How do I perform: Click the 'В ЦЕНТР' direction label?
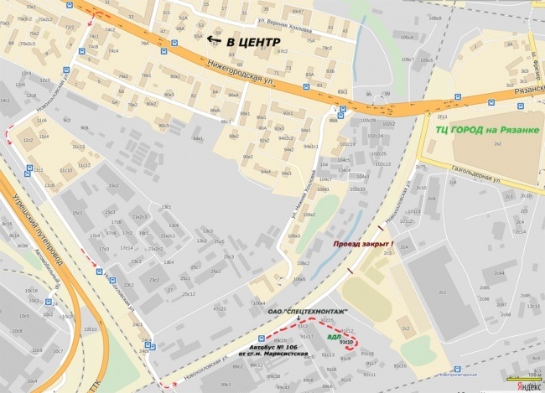247,39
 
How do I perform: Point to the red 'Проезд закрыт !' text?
363,244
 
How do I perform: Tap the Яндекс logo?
527,385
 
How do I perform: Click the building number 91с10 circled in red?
345,342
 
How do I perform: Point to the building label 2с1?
441,292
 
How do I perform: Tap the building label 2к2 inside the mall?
497,145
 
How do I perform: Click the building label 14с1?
5,101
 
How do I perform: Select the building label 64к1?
198,138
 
